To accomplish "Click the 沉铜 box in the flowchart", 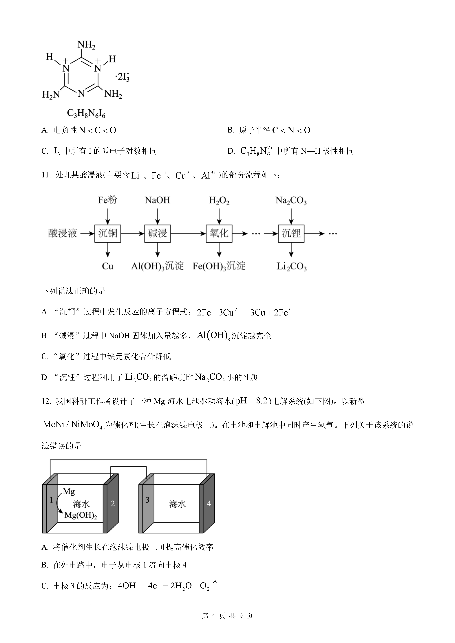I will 108,233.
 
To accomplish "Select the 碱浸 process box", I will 158,233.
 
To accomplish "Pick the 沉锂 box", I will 291,233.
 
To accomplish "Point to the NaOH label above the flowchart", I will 158,200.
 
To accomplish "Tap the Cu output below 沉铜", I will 108,266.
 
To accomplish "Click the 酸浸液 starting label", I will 63,233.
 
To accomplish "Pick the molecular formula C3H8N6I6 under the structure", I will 86,114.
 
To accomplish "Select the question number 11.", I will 46,175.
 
